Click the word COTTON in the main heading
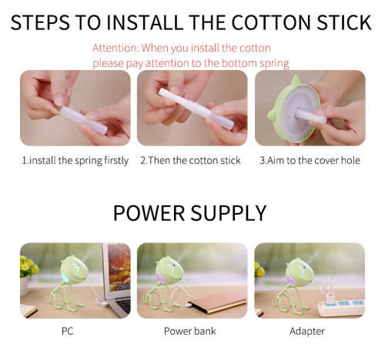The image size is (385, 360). (272, 22)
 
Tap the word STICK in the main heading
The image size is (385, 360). (344, 22)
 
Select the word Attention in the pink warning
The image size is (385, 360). (115, 48)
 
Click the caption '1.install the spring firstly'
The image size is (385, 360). (75, 161)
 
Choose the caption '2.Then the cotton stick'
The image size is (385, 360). (190, 161)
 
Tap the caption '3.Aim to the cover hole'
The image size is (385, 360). (310, 161)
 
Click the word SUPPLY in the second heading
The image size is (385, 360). (229, 213)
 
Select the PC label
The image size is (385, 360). (68, 331)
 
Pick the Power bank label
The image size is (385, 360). (190, 331)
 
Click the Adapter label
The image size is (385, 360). (307, 332)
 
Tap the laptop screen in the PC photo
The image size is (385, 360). (119, 267)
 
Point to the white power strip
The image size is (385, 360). (341, 308)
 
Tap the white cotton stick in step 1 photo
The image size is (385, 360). (84, 120)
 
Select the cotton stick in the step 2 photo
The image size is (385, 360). (196, 108)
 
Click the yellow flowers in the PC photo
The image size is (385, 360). (28, 266)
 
